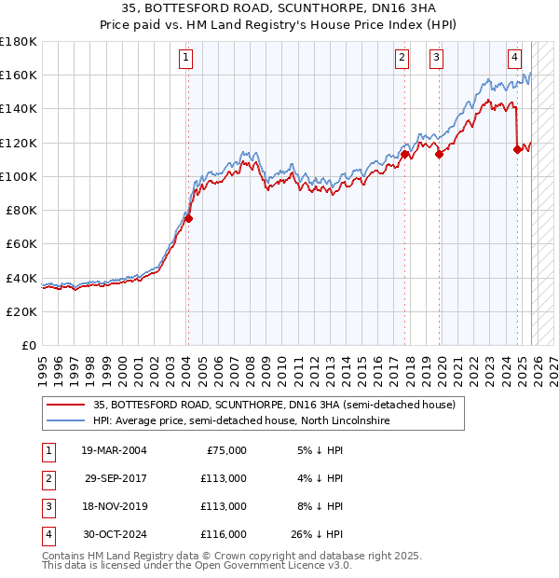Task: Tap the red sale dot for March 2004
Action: [187, 218]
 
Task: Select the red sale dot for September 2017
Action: [405, 155]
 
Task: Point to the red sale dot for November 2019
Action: [439, 155]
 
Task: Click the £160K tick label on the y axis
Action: [19, 75]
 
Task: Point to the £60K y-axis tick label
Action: [21, 243]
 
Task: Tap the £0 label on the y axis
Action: [29, 345]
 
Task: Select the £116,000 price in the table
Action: [225, 534]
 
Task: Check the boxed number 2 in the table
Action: [47, 478]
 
